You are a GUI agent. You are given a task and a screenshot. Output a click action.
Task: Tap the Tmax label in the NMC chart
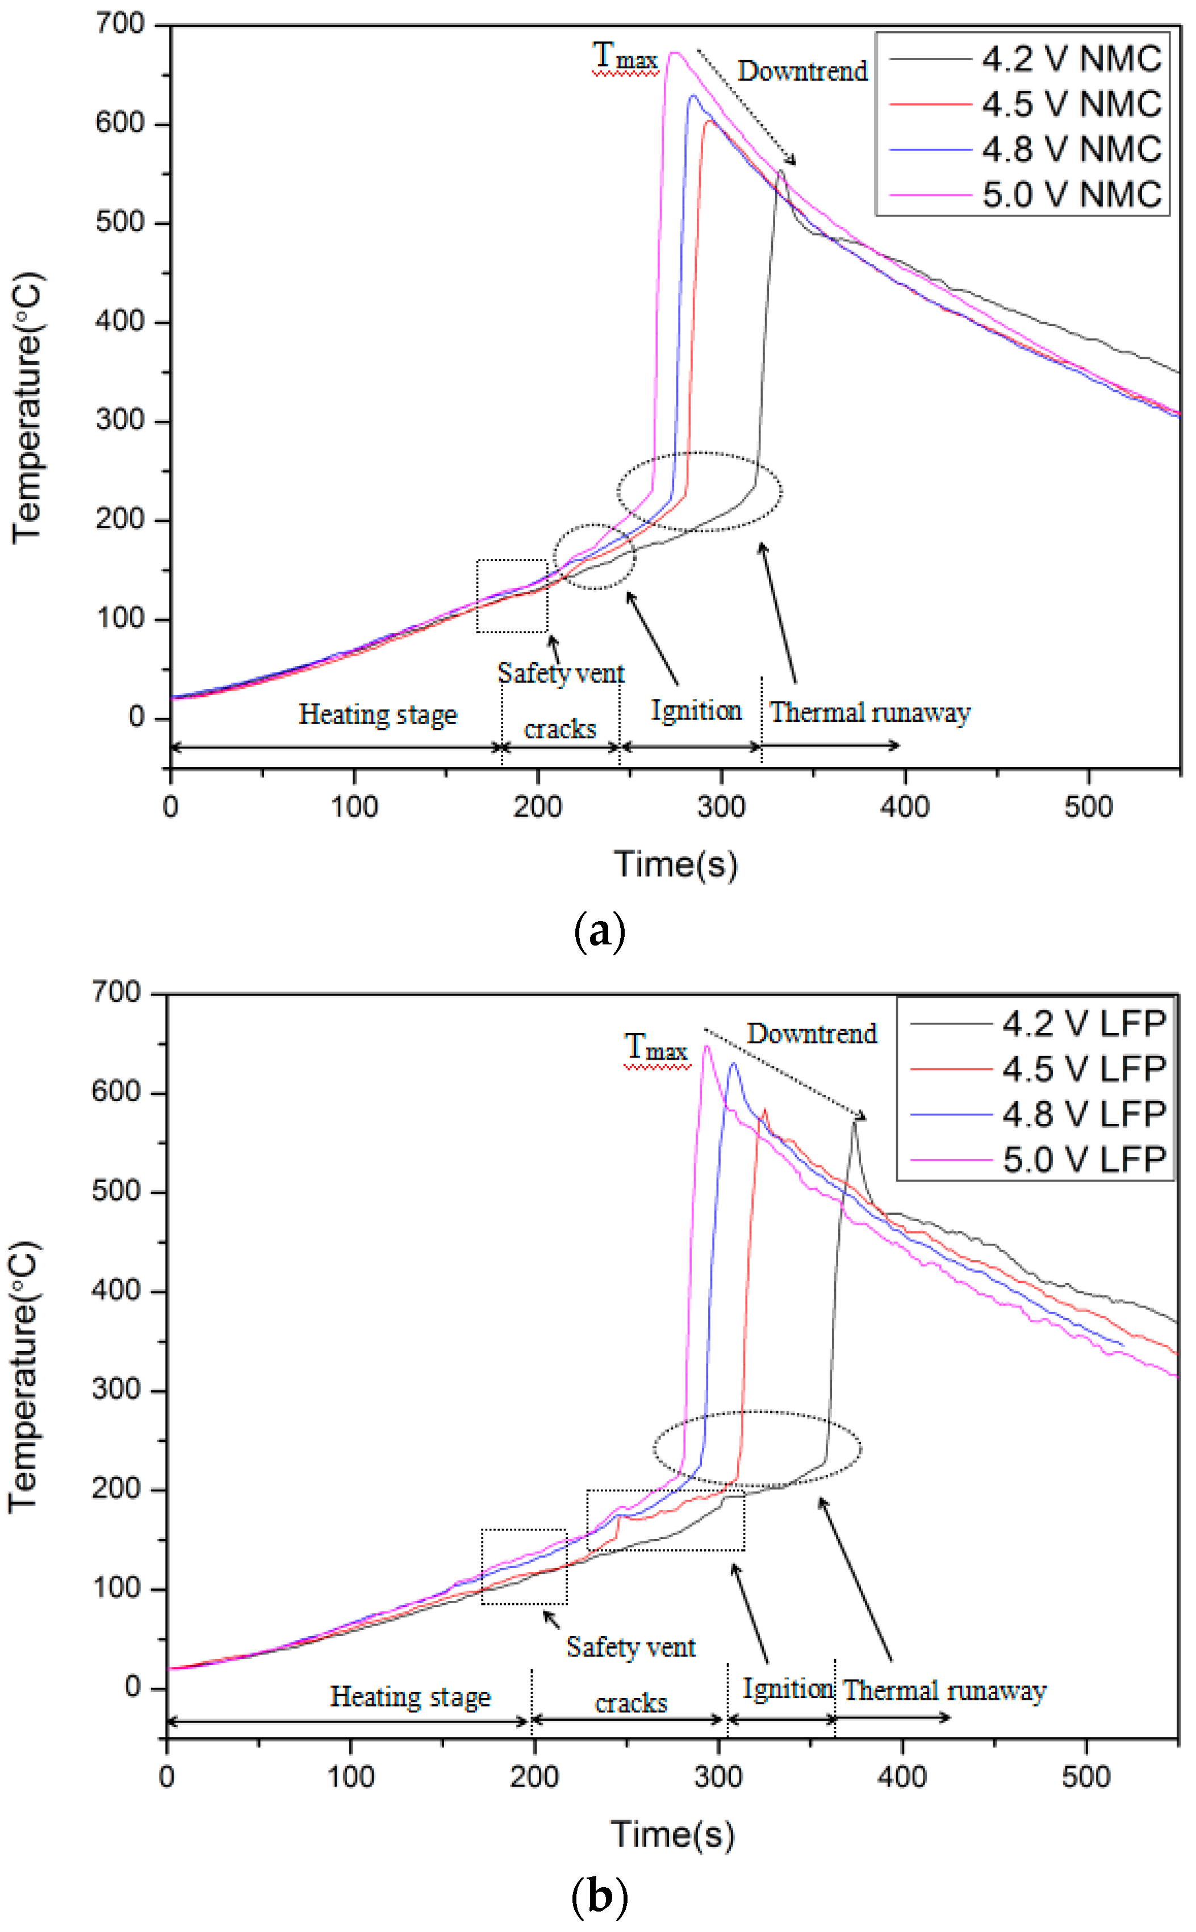pos(625,57)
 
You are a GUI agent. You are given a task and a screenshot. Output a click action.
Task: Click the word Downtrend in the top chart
pos(802,71)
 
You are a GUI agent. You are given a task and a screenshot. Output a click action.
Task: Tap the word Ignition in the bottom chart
pos(788,1688)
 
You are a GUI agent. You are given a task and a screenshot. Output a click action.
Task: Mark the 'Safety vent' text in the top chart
pos(561,673)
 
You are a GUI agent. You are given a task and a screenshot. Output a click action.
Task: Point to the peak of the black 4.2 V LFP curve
pos(854,1122)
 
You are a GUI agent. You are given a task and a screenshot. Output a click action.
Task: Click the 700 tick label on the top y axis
pos(120,24)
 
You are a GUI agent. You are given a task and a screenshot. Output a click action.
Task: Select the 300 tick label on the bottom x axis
pos(717,1777)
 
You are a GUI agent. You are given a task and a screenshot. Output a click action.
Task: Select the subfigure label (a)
pos(599,931)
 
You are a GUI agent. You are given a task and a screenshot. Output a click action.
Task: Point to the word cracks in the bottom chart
pos(630,1703)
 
